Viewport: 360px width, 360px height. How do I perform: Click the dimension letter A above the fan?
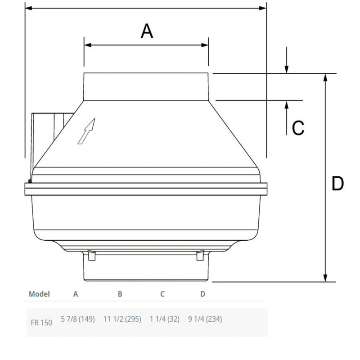(x=147, y=31)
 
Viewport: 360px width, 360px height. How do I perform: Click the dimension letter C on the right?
(x=298, y=128)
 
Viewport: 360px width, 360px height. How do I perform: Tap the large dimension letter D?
(x=337, y=184)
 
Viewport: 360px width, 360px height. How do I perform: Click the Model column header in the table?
(x=39, y=294)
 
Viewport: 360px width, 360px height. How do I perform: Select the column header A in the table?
(x=76, y=294)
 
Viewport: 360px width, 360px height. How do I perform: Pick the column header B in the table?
(x=120, y=294)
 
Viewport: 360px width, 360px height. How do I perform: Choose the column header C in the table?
(x=162, y=294)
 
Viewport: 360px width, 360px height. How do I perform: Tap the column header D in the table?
(x=203, y=294)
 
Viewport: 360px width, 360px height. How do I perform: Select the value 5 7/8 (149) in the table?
(x=77, y=319)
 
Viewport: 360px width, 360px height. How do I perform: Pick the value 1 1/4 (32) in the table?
(x=165, y=319)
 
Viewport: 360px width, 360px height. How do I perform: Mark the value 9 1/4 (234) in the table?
(x=205, y=319)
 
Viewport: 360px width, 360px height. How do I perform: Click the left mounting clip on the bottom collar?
(x=92, y=256)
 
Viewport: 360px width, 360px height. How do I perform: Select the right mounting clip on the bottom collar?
(x=199, y=256)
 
